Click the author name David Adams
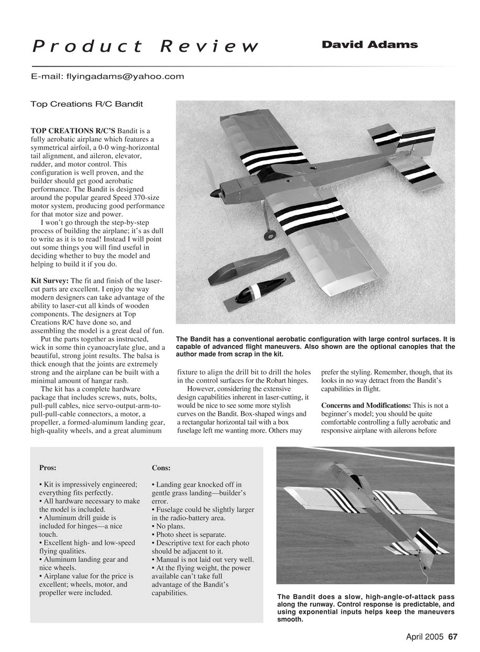[x=369, y=45]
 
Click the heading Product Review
[x=145, y=47]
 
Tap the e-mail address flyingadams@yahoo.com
[x=125, y=76]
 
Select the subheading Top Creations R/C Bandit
[x=86, y=104]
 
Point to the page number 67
[x=453, y=637]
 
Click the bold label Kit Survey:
[x=50, y=281]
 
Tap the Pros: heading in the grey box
[x=48, y=468]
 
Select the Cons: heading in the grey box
[x=161, y=468]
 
